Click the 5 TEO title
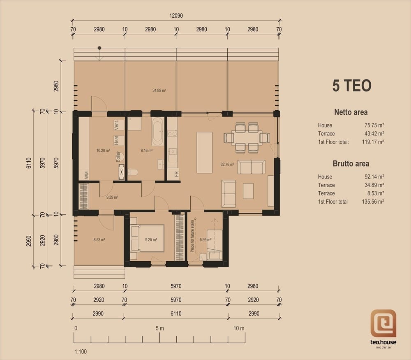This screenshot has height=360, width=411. [x=352, y=86]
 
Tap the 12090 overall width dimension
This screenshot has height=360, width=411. [x=176, y=16]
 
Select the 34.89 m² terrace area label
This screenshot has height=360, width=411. [x=159, y=91]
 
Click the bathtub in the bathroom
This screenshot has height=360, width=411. [x=158, y=132]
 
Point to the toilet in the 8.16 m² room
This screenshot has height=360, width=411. [x=133, y=172]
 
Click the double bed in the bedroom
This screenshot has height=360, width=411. [x=147, y=238]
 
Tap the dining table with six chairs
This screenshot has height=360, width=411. [x=247, y=138]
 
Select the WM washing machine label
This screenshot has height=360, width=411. [x=86, y=175]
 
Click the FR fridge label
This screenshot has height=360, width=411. [x=176, y=174]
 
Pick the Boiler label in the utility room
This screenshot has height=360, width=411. [x=118, y=157]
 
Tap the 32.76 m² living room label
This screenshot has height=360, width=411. [x=227, y=165]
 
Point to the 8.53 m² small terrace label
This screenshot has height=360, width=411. [x=99, y=239]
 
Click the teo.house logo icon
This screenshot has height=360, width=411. [x=383, y=323]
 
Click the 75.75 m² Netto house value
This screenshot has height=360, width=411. [x=374, y=125]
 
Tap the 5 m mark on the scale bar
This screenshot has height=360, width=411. [x=159, y=328]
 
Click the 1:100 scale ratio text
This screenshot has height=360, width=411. [x=81, y=352]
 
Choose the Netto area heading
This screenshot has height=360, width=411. [x=351, y=112]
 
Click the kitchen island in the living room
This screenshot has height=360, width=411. [x=204, y=153]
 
